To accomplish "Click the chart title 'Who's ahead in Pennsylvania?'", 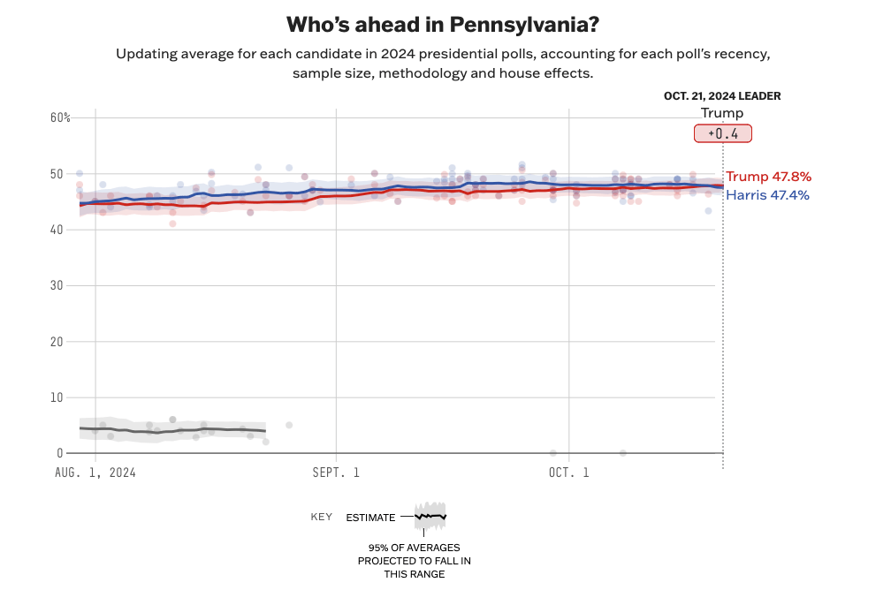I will click(x=444, y=24).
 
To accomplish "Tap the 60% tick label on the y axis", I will click(x=60, y=117).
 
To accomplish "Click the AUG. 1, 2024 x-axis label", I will click(x=95, y=473).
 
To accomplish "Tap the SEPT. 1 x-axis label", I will click(x=336, y=473).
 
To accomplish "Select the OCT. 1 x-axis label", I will click(x=569, y=473).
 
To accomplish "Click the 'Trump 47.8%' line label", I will click(x=768, y=177).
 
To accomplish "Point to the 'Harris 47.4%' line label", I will click(x=767, y=195).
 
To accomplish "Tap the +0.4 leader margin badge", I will click(x=722, y=133).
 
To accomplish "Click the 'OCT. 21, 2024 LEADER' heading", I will click(x=722, y=96).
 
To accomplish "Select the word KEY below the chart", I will click(x=322, y=517).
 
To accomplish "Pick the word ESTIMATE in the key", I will click(x=370, y=517).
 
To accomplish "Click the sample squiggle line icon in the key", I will click(x=431, y=516).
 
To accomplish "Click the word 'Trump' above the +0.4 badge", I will click(x=722, y=113).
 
